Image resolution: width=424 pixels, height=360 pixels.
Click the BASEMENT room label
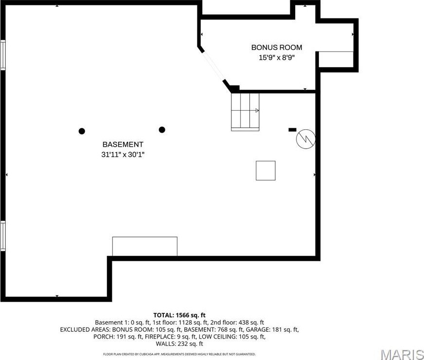point(123,144)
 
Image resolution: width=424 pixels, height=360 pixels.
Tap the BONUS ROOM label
point(276,48)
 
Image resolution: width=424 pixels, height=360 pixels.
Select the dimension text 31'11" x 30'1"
point(123,154)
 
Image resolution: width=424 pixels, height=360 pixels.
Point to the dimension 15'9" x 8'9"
point(276,57)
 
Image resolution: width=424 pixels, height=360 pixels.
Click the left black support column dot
point(82,131)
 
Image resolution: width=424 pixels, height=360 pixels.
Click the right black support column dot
point(162,129)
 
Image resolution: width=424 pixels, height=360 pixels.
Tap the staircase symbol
point(245,112)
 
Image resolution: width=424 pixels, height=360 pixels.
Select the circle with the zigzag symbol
point(306,139)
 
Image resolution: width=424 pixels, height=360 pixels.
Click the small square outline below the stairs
point(265,171)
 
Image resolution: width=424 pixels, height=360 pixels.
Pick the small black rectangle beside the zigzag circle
point(292,130)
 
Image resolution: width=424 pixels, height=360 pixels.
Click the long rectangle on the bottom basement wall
point(144,246)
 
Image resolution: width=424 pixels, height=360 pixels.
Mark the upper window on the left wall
point(3,55)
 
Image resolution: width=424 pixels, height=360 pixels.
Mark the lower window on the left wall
point(3,236)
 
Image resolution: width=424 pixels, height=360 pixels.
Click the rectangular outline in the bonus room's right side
point(336,59)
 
